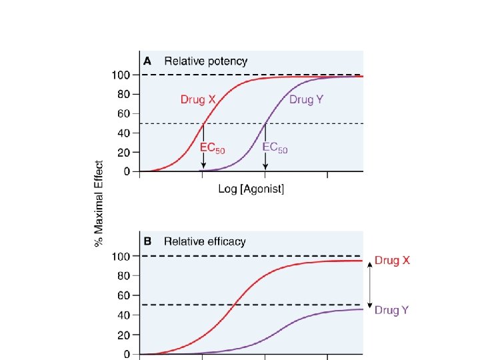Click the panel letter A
[149, 61]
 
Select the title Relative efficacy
[205, 241]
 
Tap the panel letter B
[149, 241]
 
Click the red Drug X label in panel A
[198, 100]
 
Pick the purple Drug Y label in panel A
[306, 100]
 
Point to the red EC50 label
[213, 147]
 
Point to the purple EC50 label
[275, 147]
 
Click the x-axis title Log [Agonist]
[251, 189]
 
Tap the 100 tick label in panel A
[121, 75]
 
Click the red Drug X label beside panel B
[393, 260]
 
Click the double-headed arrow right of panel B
[371, 285]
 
